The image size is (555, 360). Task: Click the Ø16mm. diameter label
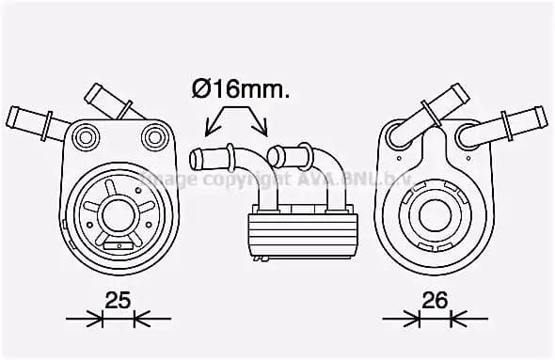[x=240, y=90]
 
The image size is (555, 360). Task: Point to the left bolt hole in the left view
[x=85, y=138]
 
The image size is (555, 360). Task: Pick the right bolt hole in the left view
[x=152, y=138]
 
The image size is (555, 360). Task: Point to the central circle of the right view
[x=434, y=211]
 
